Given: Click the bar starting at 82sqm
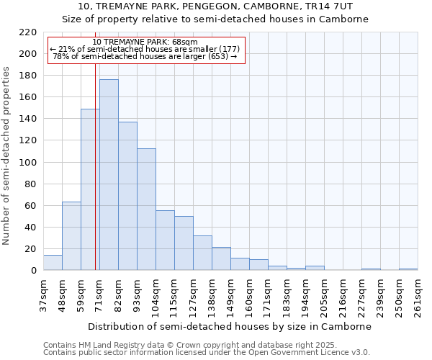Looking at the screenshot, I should [x=127, y=196].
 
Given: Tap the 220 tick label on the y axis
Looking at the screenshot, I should [x=27, y=32].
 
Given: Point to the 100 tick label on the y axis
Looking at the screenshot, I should [x=27, y=162].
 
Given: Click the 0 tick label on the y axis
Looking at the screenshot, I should [x=33, y=271].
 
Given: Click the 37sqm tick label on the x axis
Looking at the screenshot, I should [x=43, y=296].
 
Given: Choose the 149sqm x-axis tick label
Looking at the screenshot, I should [x=230, y=296].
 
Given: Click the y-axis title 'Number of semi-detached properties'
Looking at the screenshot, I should [x=7, y=156].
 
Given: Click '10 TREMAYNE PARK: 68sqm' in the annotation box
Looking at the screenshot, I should [x=145, y=42].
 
